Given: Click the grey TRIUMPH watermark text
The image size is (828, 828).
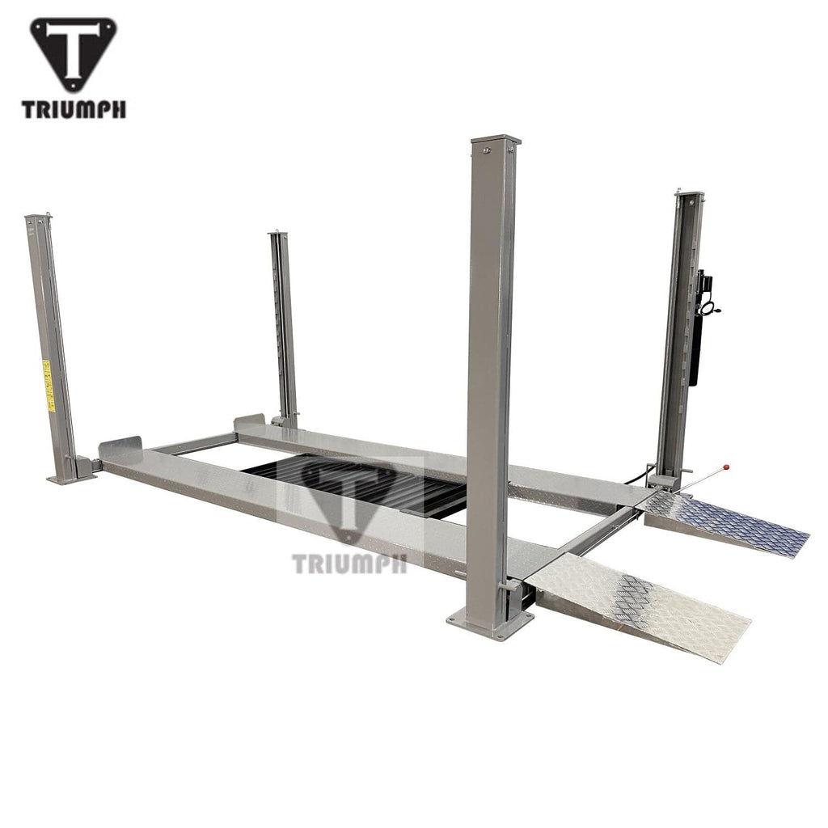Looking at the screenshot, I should pyautogui.click(x=350, y=563).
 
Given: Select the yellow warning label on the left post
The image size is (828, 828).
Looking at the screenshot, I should pyautogui.click(x=48, y=387).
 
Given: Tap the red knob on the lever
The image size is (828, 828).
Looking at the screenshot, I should pyautogui.click(x=726, y=467).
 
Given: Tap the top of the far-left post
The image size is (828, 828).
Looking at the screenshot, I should pyautogui.click(x=36, y=218).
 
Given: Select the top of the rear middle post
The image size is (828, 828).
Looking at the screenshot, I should pyautogui.click(x=279, y=235).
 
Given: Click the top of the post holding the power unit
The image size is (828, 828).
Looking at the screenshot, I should pyautogui.click(x=688, y=196).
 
